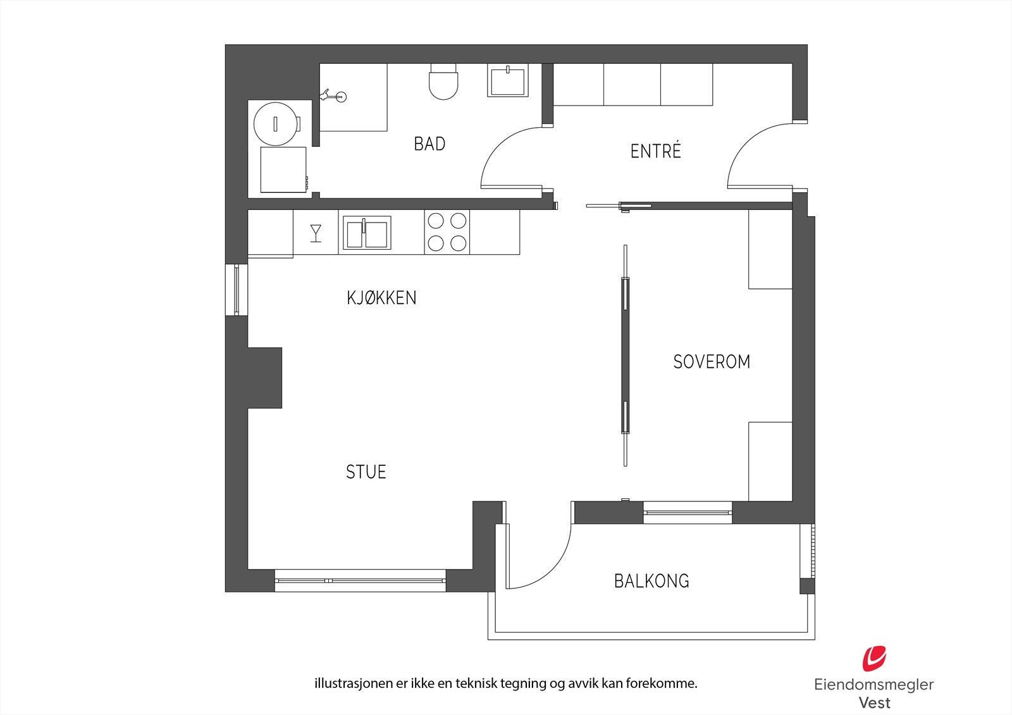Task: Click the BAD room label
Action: point(429,144)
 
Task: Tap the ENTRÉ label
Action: point(656,152)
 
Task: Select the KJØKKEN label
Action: point(381,298)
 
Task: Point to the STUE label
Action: point(366,472)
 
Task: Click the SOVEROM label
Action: point(712,362)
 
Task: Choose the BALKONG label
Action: point(651,581)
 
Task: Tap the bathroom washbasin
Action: point(506,80)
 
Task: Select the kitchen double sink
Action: point(366,233)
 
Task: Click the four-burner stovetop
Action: point(447,232)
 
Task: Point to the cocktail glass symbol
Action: point(316,233)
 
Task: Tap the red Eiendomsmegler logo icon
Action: point(874,658)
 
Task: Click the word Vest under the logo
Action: point(874,702)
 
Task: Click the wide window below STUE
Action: point(360,580)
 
